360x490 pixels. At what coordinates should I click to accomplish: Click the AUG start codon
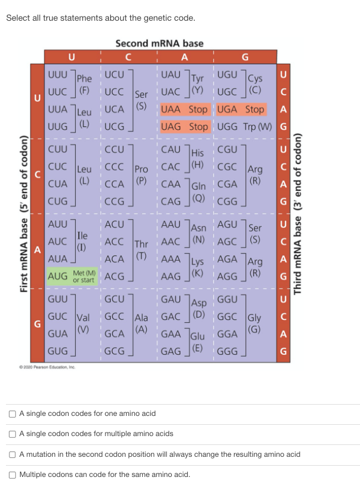(x=57, y=276)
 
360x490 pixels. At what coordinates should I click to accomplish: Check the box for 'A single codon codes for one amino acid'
(x=12, y=413)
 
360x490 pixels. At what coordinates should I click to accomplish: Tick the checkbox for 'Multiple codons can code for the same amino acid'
(x=12, y=475)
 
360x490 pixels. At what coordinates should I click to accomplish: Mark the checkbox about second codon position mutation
(x=12, y=454)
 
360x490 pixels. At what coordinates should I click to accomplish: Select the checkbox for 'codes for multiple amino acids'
(x=12, y=434)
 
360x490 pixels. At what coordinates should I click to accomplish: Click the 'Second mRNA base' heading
(x=159, y=43)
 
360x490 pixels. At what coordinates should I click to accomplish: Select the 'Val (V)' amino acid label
(x=84, y=322)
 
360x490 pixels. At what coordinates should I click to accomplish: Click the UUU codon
(x=57, y=76)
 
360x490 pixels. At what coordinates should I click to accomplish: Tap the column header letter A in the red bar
(x=185, y=57)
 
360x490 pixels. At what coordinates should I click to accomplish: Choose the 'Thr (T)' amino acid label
(x=142, y=248)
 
